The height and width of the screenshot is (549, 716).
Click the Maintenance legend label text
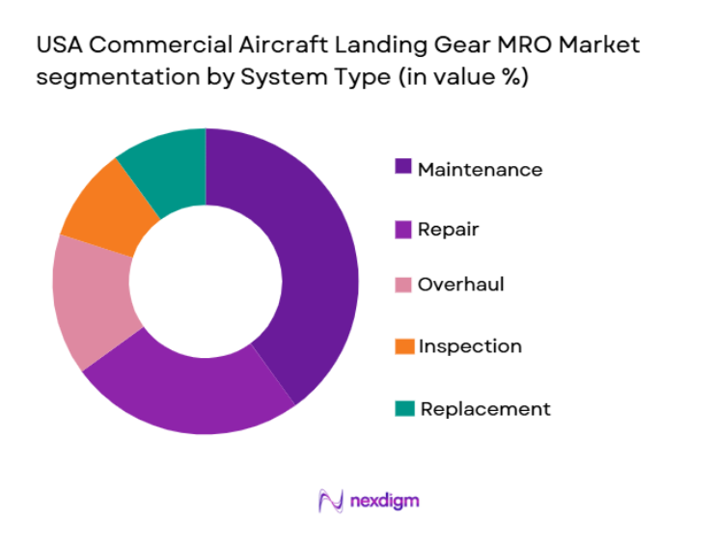[480, 170]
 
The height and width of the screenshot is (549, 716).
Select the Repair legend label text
[448, 230]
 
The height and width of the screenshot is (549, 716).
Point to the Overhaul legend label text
[460, 285]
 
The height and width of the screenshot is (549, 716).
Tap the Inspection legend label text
[470, 346]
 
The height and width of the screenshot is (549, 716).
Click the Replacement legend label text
[485, 408]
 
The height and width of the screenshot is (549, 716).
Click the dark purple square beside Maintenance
[403, 168]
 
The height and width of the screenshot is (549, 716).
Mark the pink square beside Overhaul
[403, 285]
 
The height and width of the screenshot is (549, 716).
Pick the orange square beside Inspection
[403, 345]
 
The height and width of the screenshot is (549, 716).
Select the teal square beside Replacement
[403, 408]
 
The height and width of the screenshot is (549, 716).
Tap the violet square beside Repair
[403, 229]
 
